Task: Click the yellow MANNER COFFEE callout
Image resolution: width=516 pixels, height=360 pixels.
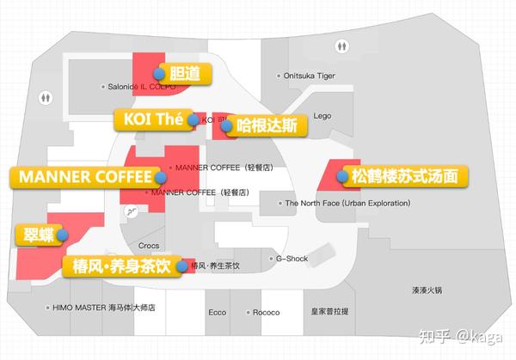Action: [x=83, y=176]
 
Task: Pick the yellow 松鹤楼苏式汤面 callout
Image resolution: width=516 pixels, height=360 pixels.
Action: [x=404, y=176]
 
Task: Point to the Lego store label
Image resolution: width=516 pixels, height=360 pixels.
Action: [x=322, y=115]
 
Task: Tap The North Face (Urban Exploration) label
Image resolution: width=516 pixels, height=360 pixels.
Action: [x=343, y=204]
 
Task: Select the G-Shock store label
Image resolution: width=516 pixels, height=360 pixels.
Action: [x=291, y=258]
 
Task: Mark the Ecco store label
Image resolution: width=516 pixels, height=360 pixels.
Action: [x=216, y=313]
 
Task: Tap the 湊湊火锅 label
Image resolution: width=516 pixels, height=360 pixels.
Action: [x=427, y=290]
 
